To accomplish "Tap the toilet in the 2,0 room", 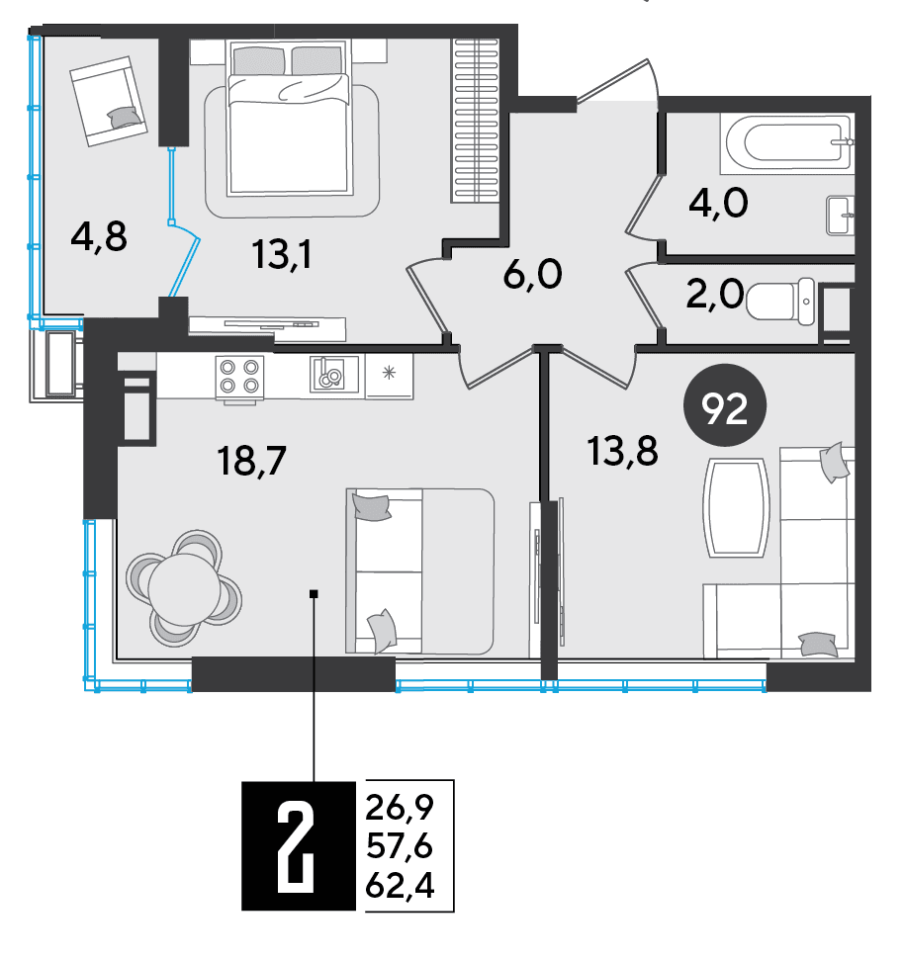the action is pos(780,301).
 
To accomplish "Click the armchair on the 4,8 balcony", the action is pos(109,101).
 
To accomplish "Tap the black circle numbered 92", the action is pos(725,405).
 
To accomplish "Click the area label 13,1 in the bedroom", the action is pos(282,254).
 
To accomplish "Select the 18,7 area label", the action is pos(252,461).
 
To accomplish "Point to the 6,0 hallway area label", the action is pos(532,274).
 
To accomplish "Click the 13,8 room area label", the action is pos(622,451).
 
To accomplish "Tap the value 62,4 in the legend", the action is pos(400,885).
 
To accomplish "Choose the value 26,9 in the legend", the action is pos(400,807).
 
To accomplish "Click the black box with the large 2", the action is pos(299,845).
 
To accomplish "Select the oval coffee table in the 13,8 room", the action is pos(736,507).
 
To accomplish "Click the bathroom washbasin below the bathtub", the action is pos(841,216).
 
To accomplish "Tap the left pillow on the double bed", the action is pos(258,60).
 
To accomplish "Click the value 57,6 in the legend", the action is pos(400,845).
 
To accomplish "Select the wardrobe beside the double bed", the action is pos(476,121).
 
